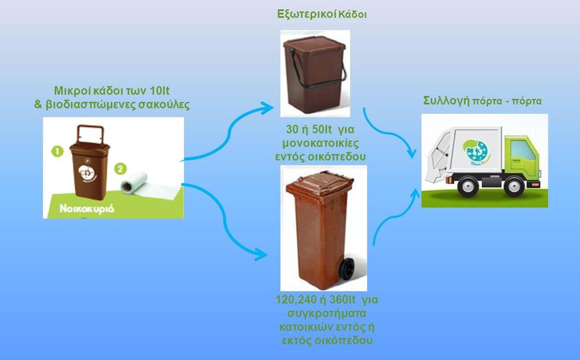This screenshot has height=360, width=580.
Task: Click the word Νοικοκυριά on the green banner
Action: click(x=88, y=208)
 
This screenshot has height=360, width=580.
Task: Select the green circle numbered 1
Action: click(x=57, y=151)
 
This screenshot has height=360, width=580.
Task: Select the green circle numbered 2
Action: click(x=120, y=168)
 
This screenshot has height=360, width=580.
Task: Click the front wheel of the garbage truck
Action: click(x=514, y=185)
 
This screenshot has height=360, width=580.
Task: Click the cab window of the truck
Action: click(x=522, y=151)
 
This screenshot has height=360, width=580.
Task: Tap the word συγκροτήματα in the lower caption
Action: click(x=326, y=313)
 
